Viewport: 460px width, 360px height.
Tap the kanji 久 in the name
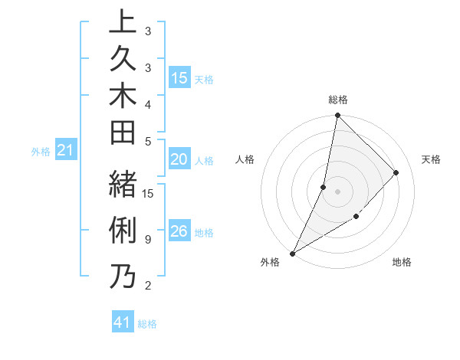pyautogui.click(x=123, y=62)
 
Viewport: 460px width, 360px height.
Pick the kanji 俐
pyautogui.click(x=123, y=231)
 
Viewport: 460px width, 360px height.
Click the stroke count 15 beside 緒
pyautogui.click(x=149, y=193)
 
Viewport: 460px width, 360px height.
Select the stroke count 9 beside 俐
pyautogui.click(x=147, y=240)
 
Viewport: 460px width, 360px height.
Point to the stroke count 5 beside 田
pyautogui.click(x=147, y=141)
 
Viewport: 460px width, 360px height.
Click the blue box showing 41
pyautogui.click(x=123, y=323)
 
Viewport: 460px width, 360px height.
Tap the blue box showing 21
pyautogui.click(x=66, y=151)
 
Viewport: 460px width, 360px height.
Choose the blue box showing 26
pyautogui.click(x=179, y=231)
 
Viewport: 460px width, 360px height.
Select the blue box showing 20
pyautogui.click(x=179, y=159)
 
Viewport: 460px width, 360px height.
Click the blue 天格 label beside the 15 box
pyautogui.click(x=204, y=80)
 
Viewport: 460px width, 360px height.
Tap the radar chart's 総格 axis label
pyautogui.click(x=337, y=100)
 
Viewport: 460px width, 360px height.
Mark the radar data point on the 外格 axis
pyautogui.click(x=293, y=253)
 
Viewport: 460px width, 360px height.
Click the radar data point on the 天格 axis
pyautogui.click(x=396, y=172)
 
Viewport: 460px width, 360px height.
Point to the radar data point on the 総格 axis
pyautogui.click(x=337, y=116)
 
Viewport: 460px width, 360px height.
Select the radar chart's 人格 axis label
pyautogui.click(x=245, y=159)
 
